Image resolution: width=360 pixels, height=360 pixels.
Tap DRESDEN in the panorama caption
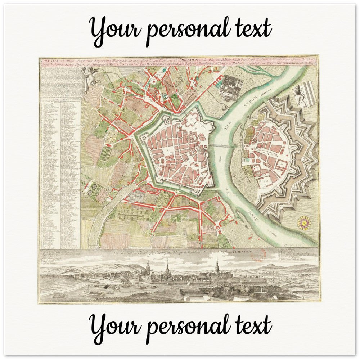tap(242, 253)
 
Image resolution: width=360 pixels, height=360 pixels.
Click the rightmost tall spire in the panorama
tap(217, 266)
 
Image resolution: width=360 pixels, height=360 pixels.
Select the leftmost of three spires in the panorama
tap(148, 268)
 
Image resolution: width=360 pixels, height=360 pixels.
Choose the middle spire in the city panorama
tap(167, 268)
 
